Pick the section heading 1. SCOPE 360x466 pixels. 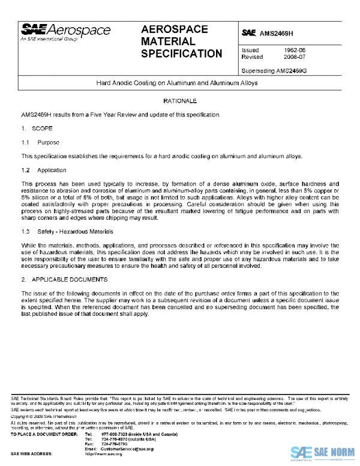coord(37,128)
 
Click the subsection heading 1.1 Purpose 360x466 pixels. coord(40,142)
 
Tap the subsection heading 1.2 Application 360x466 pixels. coord(43,171)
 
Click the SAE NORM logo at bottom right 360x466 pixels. coord(321,452)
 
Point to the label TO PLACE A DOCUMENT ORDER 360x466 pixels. coord(44,434)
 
